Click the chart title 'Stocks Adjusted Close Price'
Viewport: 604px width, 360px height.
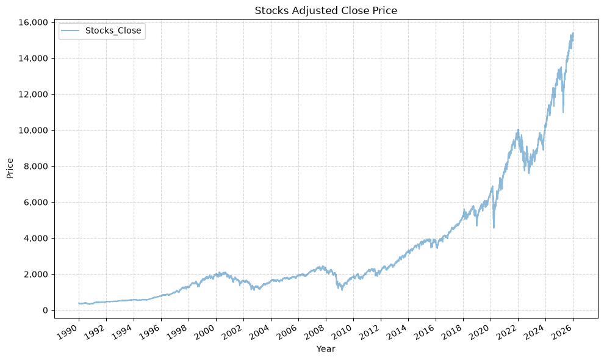point(326,10)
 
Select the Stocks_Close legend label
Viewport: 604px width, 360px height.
point(113,31)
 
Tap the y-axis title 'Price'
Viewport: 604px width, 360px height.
point(10,168)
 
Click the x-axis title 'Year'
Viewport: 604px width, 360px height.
point(326,349)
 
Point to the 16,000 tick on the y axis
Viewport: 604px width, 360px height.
point(33,23)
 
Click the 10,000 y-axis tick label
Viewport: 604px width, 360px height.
point(33,131)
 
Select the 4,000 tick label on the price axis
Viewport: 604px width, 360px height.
point(35,238)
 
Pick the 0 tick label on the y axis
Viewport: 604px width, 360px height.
point(46,311)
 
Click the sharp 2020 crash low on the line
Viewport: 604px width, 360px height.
point(494,228)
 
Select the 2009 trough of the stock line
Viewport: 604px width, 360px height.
point(342,290)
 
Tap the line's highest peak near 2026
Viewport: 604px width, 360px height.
point(573,33)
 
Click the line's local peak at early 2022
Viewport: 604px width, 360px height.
point(518,129)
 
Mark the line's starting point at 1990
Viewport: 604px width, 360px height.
point(79,303)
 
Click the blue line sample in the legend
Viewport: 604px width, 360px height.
point(71,31)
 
